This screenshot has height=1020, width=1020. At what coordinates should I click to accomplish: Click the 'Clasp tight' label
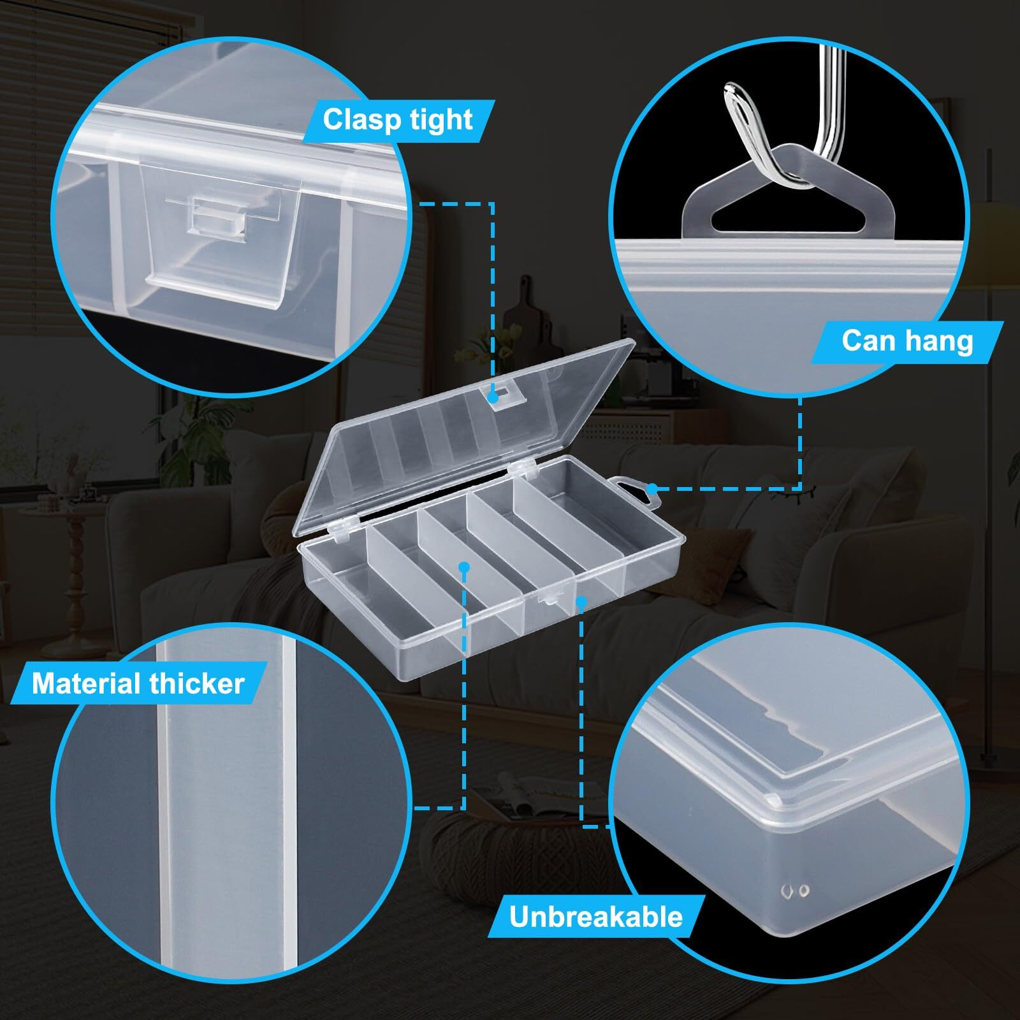397,120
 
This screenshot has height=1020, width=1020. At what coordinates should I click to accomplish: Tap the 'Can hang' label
907,341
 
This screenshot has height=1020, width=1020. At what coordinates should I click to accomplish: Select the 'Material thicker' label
138,683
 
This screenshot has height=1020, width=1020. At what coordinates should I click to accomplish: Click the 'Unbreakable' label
595,917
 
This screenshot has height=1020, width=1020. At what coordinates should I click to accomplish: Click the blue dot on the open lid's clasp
493,397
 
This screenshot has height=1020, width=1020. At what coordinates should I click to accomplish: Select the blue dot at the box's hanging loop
652,489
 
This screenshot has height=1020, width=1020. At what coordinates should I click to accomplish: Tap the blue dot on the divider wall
464,566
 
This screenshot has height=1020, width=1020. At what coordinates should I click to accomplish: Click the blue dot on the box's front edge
581,600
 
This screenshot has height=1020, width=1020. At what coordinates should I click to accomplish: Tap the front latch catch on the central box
548,598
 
